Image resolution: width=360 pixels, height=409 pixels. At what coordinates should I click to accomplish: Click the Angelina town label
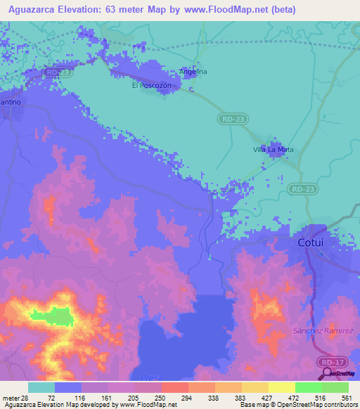(x=193, y=72)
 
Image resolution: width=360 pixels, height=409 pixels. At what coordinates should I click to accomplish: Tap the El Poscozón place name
(x=150, y=86)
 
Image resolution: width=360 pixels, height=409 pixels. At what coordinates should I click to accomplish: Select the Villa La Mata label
(x=273, y=150)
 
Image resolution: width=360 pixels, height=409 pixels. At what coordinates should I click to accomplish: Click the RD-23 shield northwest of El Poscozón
(x=55, y=72)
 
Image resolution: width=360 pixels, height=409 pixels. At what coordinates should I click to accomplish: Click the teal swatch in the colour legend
(x=41, y=387)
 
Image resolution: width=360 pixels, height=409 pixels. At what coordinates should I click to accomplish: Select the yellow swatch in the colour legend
(x=281, y=387)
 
